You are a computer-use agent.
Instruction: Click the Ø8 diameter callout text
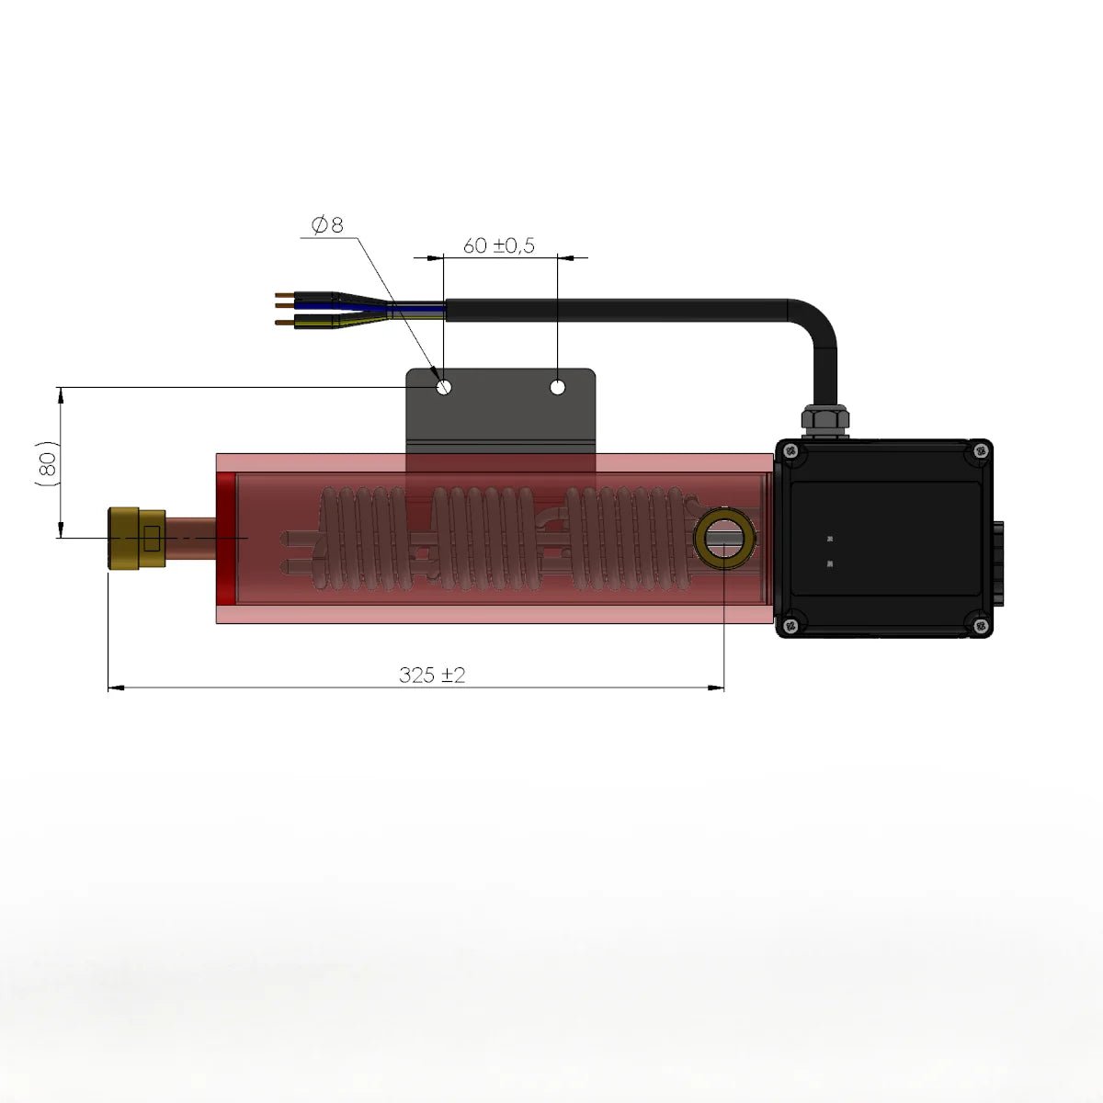click(327, 224)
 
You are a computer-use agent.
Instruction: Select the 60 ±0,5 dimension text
click(498, 245)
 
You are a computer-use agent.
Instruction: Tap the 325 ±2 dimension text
click(432, 675)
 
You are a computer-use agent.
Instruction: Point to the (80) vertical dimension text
click(49, 463)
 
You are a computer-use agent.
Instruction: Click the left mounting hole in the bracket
click(444, 387)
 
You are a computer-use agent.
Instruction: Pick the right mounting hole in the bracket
click(558, 387)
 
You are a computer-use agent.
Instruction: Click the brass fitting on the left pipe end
click(135, 539)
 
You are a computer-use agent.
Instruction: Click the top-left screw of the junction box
click(790, 450)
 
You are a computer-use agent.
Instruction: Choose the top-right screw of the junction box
click(980, 450)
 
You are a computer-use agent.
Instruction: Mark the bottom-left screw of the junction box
click(790, 627)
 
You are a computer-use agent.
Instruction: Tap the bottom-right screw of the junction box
click(980, 627)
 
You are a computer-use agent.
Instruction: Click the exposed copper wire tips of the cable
click(284, 309)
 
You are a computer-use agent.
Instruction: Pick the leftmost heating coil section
click(362, 538)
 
